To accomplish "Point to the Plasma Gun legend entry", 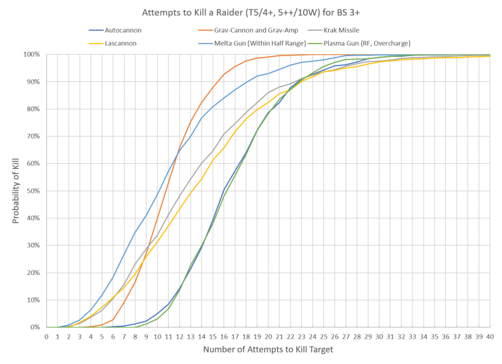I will pyautogui.click(x=375, y=43).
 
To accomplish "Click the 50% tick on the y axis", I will pyautogui.click(x=33, y=191).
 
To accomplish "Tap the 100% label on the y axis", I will pyautogui.click(x=32, y=54).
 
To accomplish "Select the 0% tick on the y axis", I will pyautogui.click(x=35, y=328).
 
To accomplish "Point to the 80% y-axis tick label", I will pyautogui.click(x=33, y=108).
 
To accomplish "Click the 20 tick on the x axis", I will pyautogui.click(x=268, y=336).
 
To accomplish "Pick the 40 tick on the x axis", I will pyautogui.click(x=490, y=336).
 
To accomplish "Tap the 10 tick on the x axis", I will pyautogui.click(x=157, y=336).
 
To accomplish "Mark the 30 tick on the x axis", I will pyautogui.click(x=379, y=336).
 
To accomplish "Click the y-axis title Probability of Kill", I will pyautogui.click(x=17, y=191).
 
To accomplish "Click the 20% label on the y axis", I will pyautogui.click(x=33, y=273).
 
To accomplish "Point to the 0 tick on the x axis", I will pyautogui.click(x=47, y=336).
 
